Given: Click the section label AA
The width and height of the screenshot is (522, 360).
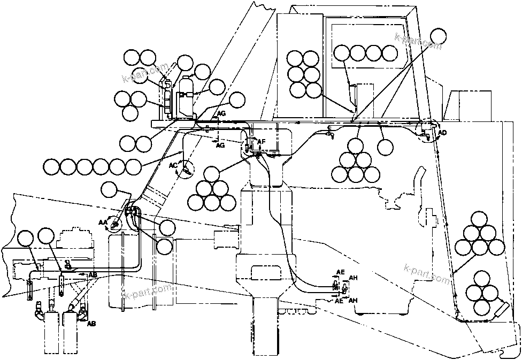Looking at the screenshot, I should click(x=103, y=221).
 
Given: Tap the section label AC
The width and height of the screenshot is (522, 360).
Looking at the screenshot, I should click(x=173, y=165).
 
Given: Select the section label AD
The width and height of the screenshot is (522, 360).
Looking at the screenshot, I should click(x=442, y=132).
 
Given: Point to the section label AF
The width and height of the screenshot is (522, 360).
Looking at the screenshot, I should click(x=262, y=142).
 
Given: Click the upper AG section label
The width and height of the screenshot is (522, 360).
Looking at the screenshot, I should click(x=221, y=114).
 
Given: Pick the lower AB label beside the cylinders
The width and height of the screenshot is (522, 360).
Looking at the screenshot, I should click(x=91, y=324).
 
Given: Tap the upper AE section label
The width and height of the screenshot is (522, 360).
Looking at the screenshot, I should click(x=340, y=272).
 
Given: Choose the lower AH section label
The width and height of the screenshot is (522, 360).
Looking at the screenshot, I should click(x=353, y=301).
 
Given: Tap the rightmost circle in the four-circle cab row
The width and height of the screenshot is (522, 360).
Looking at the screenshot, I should click(x=390, y=52).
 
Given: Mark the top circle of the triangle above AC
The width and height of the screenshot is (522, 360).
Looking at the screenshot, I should click(x=212, y=174).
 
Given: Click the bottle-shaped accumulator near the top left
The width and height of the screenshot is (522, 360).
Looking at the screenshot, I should click(x=186, y=96).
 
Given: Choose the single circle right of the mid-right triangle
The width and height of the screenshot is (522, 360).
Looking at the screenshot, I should click(x=385, y=146).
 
